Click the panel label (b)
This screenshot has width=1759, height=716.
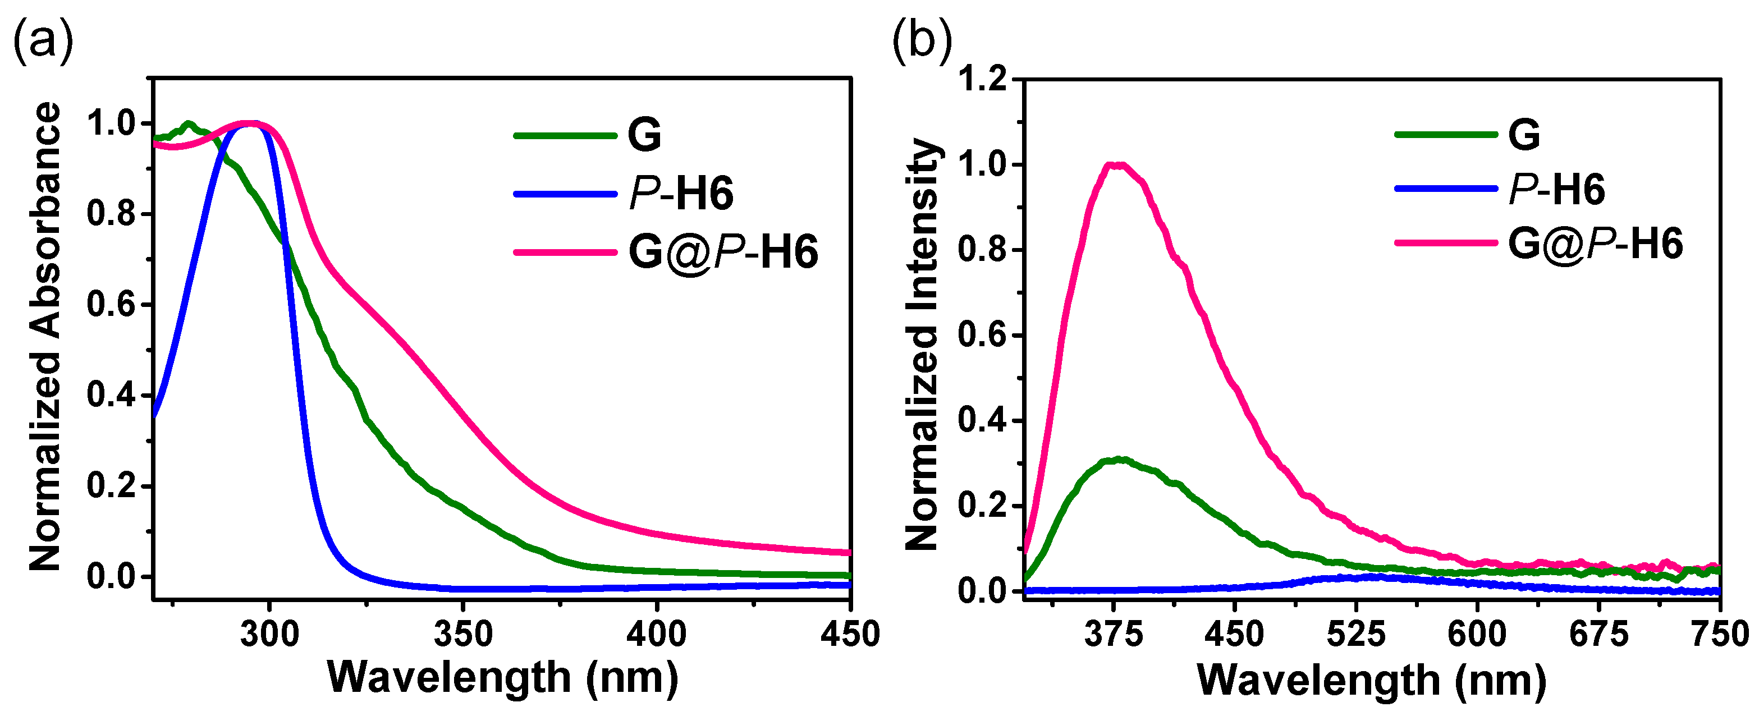922,42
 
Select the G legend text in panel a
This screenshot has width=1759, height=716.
644,135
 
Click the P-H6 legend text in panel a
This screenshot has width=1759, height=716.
681,193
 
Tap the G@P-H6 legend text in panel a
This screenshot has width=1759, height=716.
722,252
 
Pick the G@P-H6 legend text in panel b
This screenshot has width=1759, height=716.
1595,244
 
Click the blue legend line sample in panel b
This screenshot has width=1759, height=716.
1446,188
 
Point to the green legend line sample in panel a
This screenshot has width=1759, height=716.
565,135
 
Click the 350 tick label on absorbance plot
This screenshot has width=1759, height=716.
463,635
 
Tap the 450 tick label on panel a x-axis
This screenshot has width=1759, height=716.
849,635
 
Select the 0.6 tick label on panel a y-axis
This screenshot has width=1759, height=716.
111,305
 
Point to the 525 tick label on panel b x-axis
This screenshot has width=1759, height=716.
1355,635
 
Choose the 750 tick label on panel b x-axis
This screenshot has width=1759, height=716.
1719,635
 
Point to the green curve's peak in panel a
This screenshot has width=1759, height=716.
189,123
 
